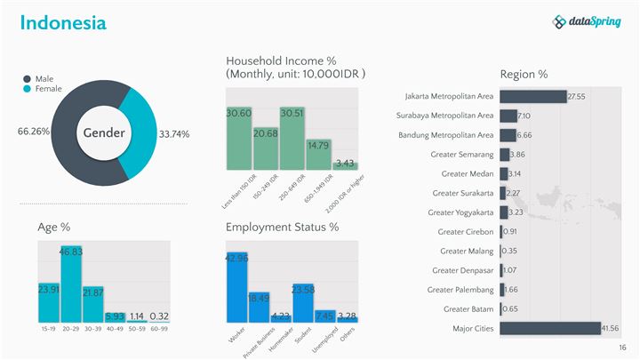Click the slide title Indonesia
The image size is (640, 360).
pos(63,23)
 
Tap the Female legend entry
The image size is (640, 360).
pos(46,89)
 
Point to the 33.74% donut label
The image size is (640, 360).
pos(174,134)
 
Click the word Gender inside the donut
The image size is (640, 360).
pos(104,133)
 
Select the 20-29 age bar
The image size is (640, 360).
pos(71,284)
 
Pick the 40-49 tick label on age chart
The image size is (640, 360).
pos(116,329)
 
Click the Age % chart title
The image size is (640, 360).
pos(54,227)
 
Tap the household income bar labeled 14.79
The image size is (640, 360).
pos(318,153)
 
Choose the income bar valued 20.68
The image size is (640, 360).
pos(266,148)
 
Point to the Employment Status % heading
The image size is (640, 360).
pos(282,227)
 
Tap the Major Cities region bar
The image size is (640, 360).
pos(550,328)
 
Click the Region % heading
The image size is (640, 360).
pos(524,74)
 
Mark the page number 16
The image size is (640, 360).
pos(623,348)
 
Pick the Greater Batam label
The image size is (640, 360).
pos(468,308)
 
